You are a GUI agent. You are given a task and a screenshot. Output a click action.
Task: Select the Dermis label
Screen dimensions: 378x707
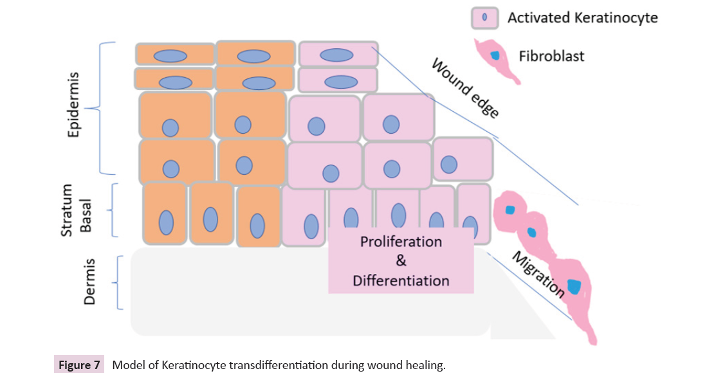pos(89,282)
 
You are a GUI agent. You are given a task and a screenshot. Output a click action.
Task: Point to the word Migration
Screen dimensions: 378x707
pos(538,274)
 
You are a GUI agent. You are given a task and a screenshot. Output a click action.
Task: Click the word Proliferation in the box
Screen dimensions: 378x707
pos(401,242)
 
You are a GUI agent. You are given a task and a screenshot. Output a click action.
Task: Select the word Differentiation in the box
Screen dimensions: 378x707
pos(401,281)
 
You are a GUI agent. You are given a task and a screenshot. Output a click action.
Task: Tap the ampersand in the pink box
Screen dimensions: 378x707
pos(401,262)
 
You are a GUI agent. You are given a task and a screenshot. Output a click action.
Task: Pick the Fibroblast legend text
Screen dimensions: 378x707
pos(551,56)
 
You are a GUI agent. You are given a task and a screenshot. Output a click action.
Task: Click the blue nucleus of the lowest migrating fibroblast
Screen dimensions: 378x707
pos(574,286)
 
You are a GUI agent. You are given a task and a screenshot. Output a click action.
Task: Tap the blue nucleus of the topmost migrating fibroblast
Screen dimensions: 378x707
pos(510,210)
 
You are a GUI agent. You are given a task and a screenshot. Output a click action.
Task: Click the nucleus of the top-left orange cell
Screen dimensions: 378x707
pos(174,55)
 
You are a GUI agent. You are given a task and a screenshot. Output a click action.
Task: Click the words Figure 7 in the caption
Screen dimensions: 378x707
pos(79,366)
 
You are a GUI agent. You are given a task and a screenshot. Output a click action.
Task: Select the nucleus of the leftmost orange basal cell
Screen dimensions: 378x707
pos(166,222)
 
